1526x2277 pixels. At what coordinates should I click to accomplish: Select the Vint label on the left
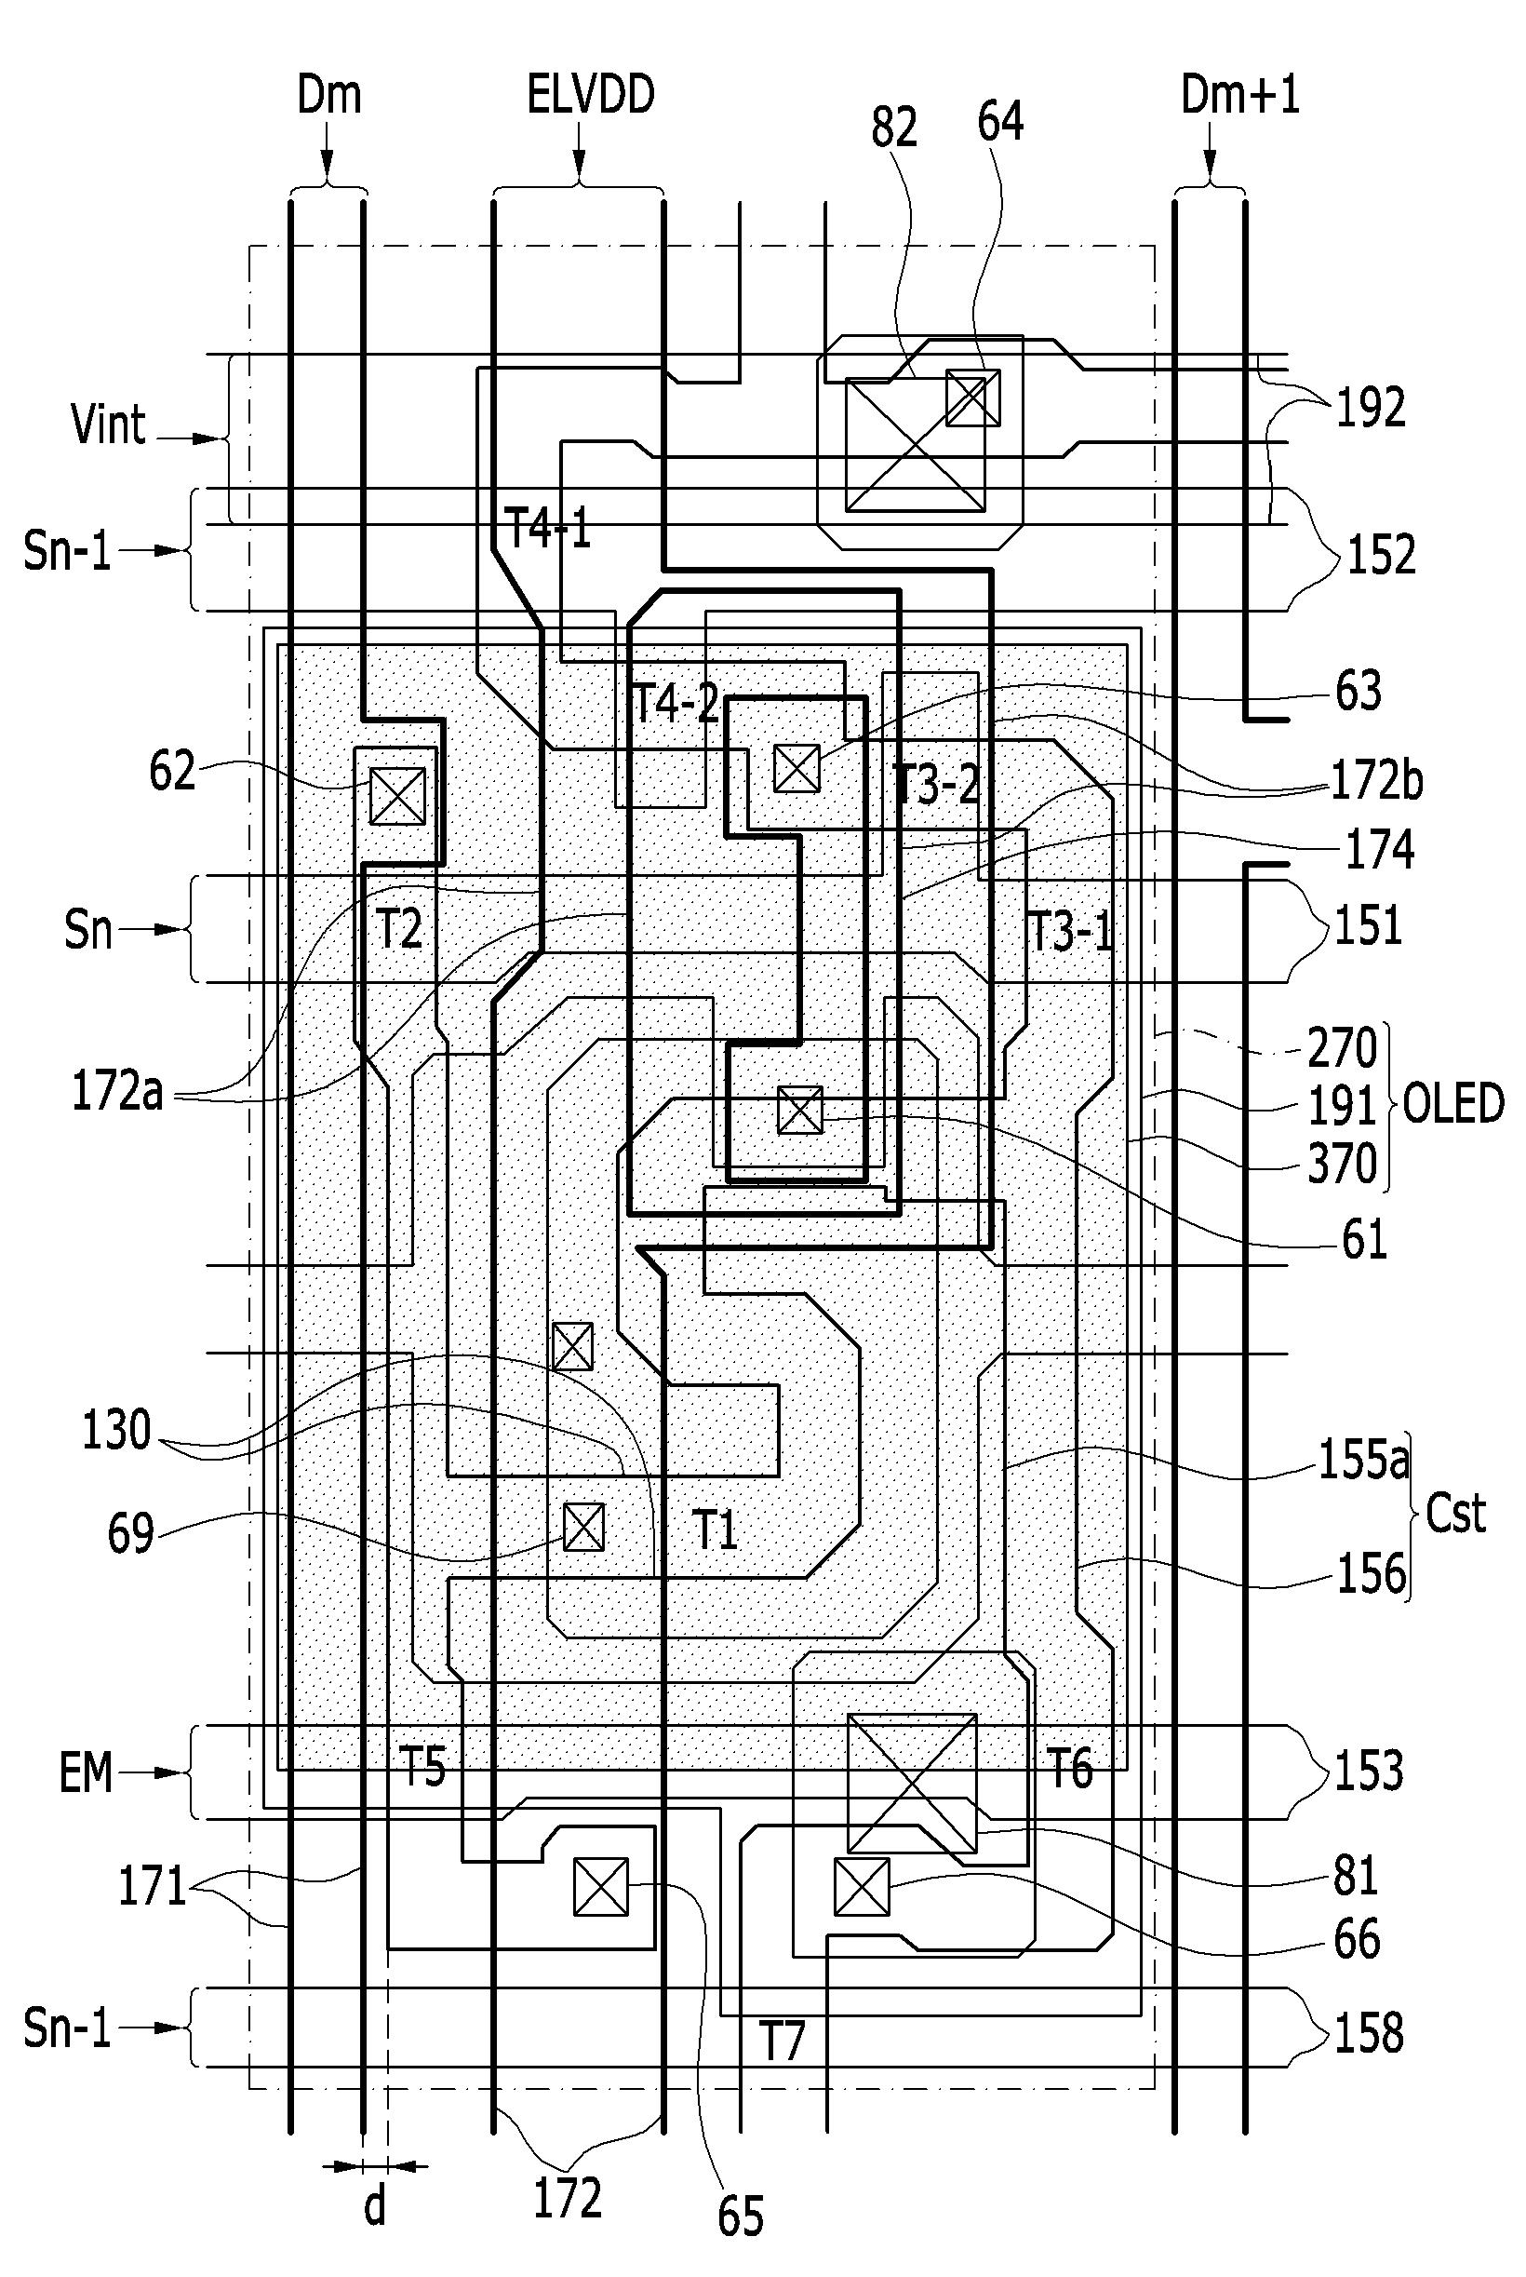tap(108, 424)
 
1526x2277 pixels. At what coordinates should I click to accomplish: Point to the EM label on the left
tap(87, 1772)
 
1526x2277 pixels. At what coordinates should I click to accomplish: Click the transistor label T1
tap(715, 1529)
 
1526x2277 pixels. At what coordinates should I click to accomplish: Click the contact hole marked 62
tap(398, 795)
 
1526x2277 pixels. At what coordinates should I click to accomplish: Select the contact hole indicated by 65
tap(600, 1887)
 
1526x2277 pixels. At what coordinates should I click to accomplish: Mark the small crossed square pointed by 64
tap(973, 398)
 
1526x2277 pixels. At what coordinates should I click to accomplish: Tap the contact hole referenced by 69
tap(584, 1527)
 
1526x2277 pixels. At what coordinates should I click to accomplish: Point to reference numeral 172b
tap(1376, 781)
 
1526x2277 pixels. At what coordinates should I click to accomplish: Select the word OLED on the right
tap(1453, 1105)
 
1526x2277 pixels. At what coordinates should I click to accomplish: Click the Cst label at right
tap(1456, 1514)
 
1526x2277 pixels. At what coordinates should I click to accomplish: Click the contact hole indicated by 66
tap(862, 1887)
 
